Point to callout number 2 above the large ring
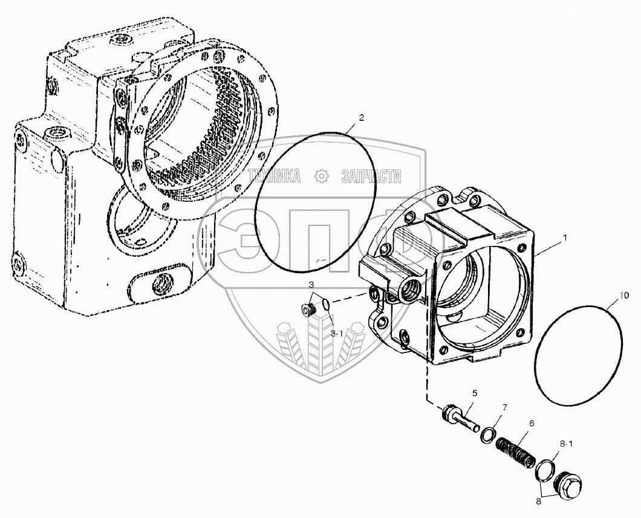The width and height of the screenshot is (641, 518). click(361, 118)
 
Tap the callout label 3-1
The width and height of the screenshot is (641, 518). click(336, 332)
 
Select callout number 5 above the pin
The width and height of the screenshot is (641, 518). click(474, 393)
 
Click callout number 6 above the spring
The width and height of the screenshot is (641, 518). click(531, 424)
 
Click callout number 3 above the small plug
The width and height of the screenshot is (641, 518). click(310, 284)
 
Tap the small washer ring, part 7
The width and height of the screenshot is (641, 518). click(488, 435)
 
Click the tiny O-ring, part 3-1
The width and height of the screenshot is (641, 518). click(326, 305)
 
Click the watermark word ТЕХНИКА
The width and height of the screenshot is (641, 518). click(275, 176)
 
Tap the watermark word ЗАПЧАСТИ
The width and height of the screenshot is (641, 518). click(371, 176)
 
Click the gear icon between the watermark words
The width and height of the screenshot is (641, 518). click(322, 176)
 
